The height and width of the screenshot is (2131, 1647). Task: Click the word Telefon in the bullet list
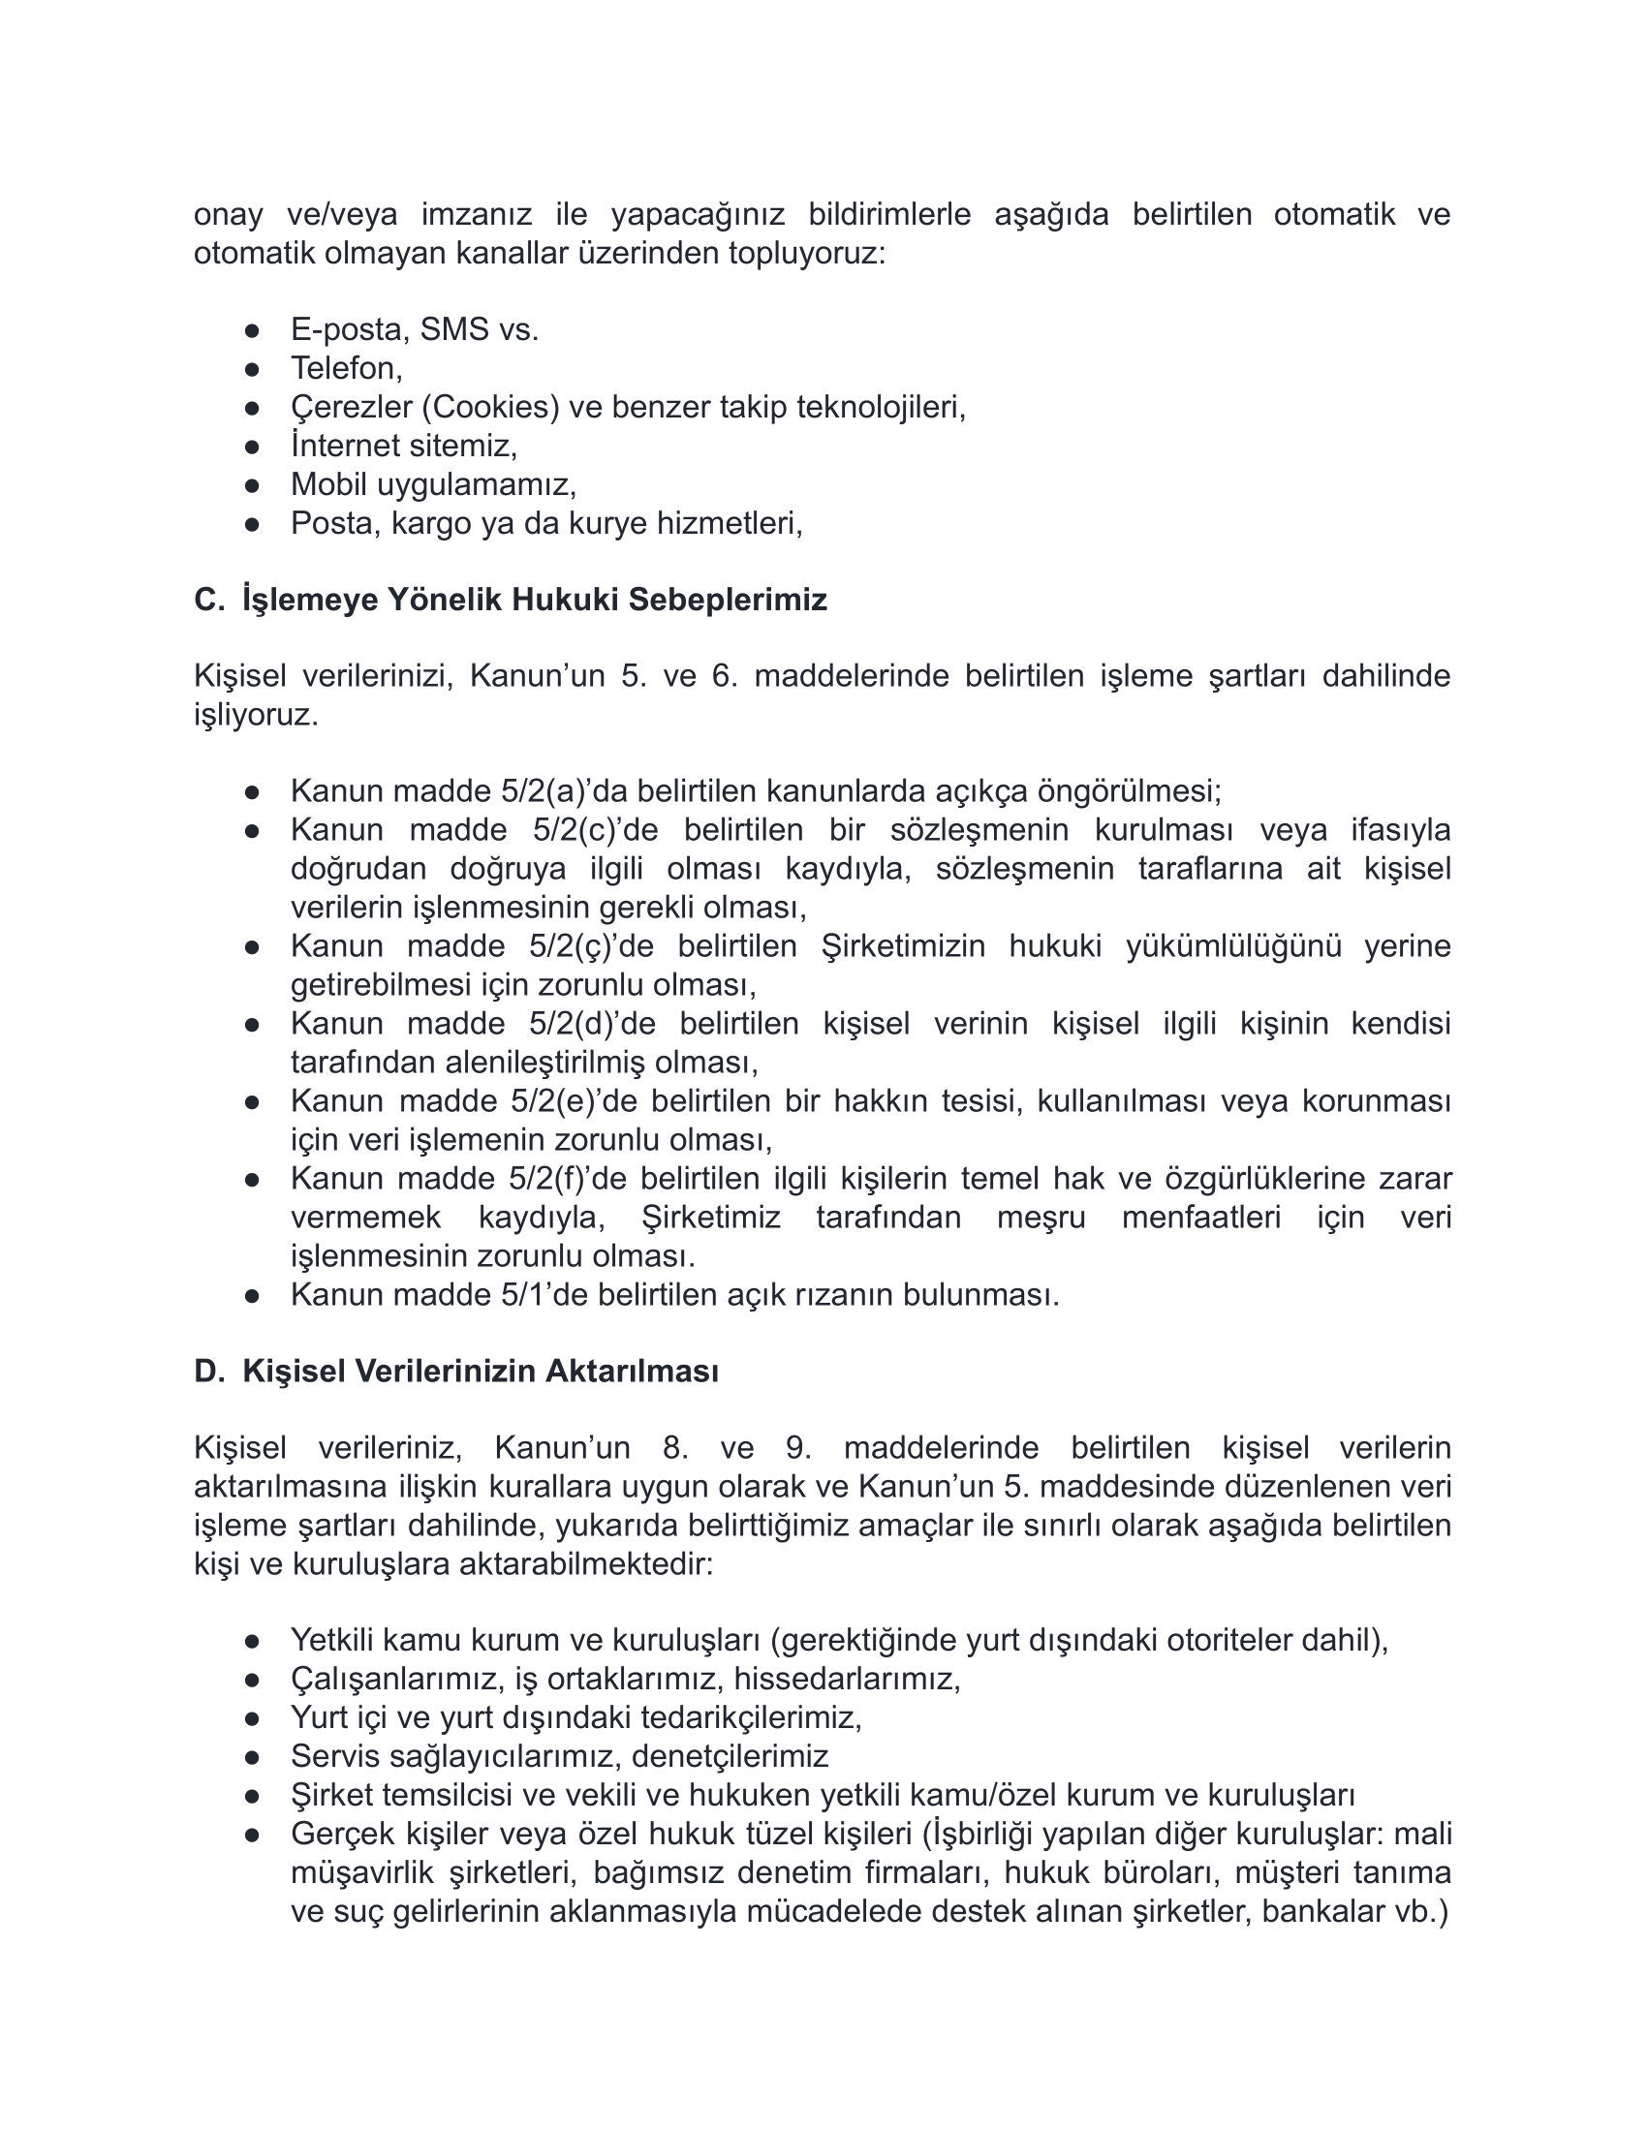346,368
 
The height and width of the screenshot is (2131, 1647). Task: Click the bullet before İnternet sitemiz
252,447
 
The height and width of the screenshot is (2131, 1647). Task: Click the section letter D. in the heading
210,1371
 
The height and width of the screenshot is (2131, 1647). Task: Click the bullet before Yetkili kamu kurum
252,1641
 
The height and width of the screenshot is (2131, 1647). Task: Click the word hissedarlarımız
846,1680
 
